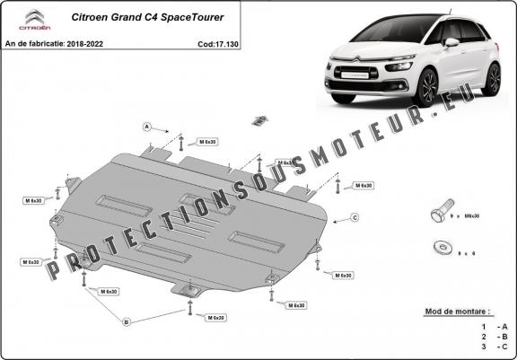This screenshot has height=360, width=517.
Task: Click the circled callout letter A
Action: point(145,127)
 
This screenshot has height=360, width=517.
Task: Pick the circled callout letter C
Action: point(355,217)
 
